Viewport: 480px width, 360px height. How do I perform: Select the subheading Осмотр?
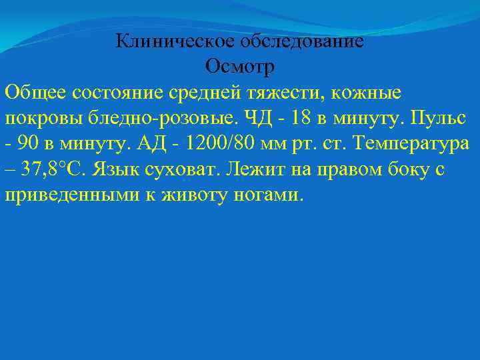240,67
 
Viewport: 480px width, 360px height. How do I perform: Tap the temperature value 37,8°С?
54,169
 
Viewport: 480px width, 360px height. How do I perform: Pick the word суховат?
187,169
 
